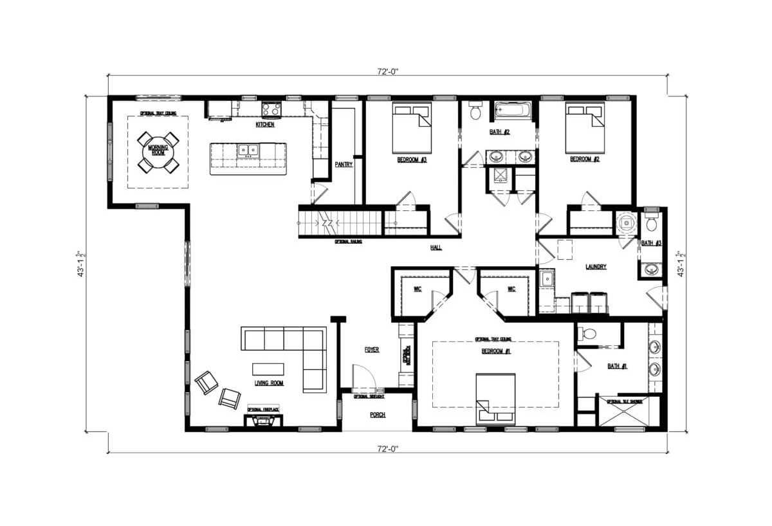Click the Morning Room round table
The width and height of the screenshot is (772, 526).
click(158, 152)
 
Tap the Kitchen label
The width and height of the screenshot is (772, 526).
click(265, 125)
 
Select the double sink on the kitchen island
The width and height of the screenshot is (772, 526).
click(248, 150)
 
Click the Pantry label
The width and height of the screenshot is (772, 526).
click(344, 165)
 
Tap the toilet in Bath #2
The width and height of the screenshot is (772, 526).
click(476, 111)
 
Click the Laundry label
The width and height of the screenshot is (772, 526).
click(596, 267)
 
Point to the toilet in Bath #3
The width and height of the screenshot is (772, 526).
click(651, 222)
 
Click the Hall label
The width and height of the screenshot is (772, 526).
click(436, 247)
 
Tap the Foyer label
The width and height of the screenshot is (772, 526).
click(372, 350)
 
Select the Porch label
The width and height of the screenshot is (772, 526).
click(377, 415)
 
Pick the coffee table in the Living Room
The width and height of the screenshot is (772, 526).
click(268, 368)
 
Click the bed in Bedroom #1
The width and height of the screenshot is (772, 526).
click(495, 399)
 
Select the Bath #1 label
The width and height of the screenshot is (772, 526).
click(618, 367)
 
